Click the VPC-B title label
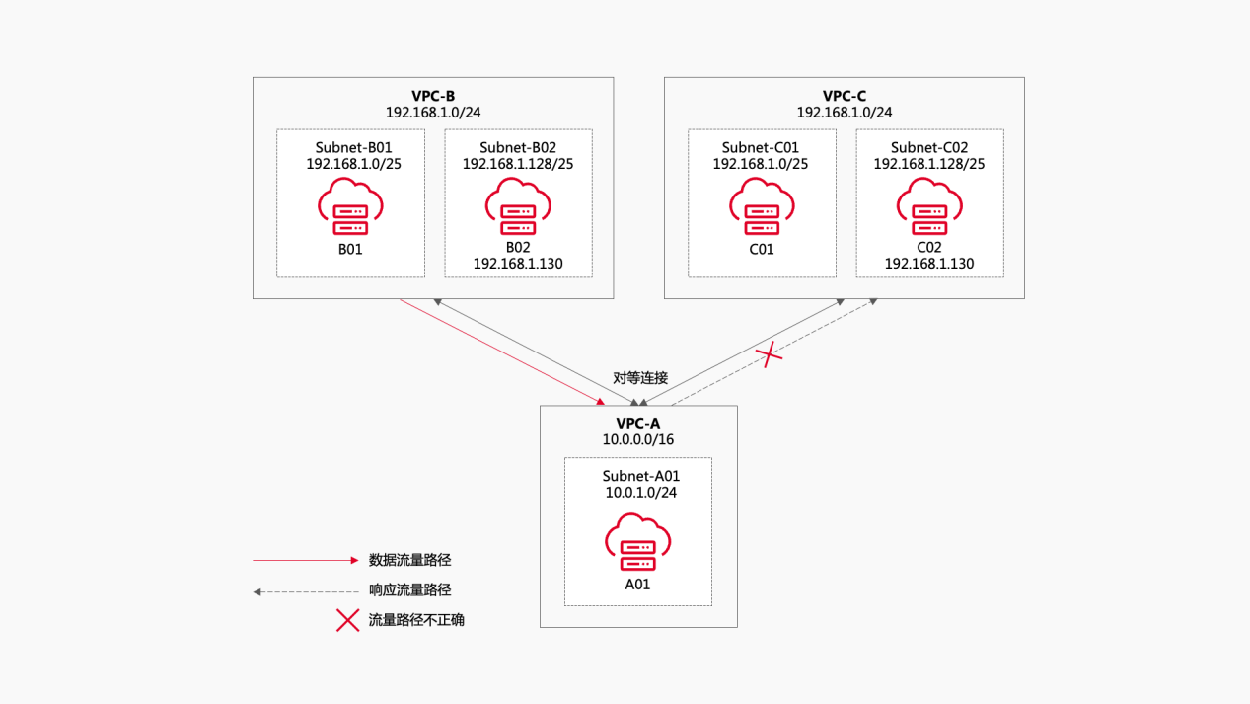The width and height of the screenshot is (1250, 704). (433, 96)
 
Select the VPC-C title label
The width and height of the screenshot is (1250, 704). (845, 96)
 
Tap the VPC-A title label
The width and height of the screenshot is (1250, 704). (638, 423)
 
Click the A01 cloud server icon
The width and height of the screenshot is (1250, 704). (638, 543)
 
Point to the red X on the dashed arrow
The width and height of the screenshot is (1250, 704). (769, 355)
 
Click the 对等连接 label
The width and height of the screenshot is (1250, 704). (640, 378)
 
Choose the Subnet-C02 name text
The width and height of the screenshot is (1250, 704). (929, 147)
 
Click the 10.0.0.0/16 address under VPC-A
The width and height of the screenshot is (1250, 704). (638, 439)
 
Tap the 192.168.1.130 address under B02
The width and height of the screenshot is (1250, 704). (518, 265)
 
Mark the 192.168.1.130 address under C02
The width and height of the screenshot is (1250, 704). (929, 265)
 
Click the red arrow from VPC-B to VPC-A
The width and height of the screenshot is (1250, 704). (501, 351)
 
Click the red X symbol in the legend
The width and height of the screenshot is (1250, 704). (347, 620)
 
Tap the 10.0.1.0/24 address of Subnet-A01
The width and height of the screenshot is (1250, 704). (638, 492)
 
